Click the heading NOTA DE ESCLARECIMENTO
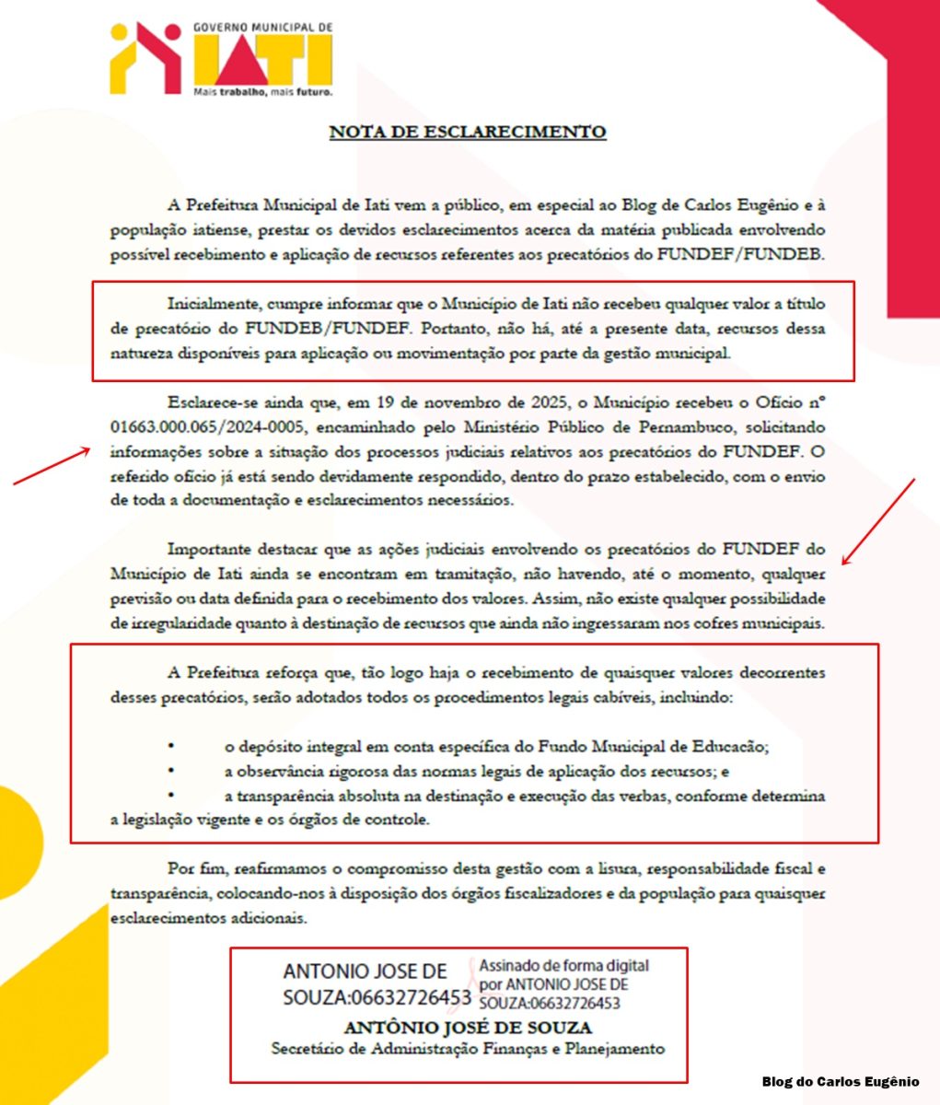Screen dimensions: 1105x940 pyautogui.click(x=468, y=132)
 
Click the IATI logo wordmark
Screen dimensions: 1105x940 pyautogui.click(x=262, y=61)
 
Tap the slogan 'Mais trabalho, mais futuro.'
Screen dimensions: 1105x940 pyautogui.click(x=262, y=92)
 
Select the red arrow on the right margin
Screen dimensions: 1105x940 pyautogui.click(x=878, y=521)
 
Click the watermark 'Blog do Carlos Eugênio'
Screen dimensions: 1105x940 pyautogui.click(x=840, y=1081)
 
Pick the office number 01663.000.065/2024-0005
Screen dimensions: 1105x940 pyautogui.click(x=214, y=427)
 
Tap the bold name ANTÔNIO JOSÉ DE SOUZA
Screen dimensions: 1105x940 pyautogui.click(x=468, y=1028)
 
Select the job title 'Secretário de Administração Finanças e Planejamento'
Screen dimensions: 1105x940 pyautogui.click(x=468, y=1049)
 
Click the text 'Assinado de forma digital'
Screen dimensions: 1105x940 pyautogui.click(x=563, y=966)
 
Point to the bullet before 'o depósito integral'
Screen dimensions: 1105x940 pyautogui.click(x=170, y=746)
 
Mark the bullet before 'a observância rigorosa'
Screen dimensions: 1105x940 pyautogui.click(x=170, y=771)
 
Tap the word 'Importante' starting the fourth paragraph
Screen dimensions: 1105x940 pyautogui.click(x=207, y=550)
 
